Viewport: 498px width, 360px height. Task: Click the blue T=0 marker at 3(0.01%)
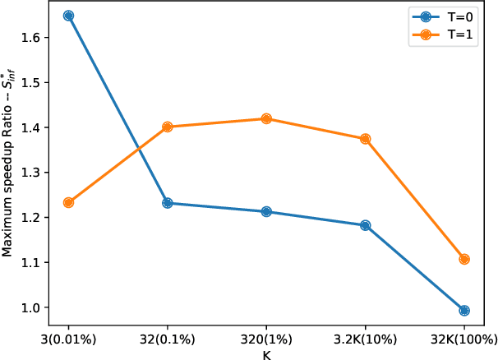point(68,16)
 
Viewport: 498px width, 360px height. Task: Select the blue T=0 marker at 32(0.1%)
point(168,203)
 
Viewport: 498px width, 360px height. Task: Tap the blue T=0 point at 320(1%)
point(266,212)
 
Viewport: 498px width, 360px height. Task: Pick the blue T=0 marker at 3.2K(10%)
point(366,225)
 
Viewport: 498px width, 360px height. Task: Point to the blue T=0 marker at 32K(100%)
point(464,311)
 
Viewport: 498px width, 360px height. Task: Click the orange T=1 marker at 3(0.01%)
point(68,202)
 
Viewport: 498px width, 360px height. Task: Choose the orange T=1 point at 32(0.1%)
point(168,127)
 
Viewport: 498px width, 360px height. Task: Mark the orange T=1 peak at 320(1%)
point(266,118)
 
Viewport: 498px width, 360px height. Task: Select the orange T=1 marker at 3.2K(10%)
point(366,139)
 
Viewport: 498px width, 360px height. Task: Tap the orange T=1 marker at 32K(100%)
point(464,259)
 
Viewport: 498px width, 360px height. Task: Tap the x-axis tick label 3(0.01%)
point(68,339)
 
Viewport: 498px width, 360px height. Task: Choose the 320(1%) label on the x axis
point(266,339)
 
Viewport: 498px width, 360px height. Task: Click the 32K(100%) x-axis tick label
point(464,339)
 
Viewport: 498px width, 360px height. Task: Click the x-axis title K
point(266,354)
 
